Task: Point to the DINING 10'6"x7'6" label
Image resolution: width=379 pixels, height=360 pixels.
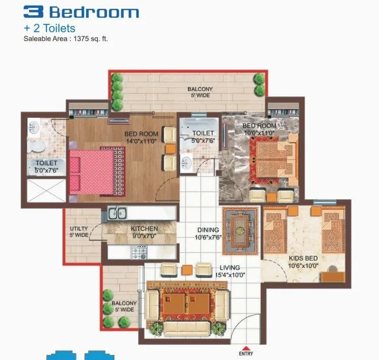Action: (x=208, y=234)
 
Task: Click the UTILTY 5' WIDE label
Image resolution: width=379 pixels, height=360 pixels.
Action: (x=79, y=232)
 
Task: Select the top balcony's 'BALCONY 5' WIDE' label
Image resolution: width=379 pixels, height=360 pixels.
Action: (x=200, y=92)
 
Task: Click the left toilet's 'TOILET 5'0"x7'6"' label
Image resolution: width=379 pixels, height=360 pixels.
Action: (x=46, y=167)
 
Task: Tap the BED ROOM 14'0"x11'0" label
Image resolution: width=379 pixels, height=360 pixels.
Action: (x=141, y=137)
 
